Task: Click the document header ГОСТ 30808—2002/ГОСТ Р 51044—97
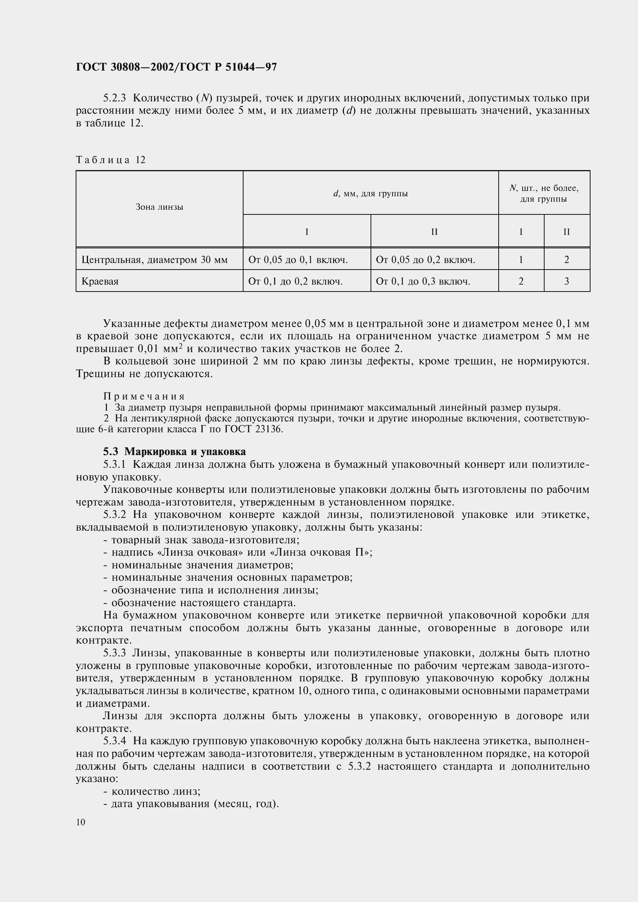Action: (176, 67)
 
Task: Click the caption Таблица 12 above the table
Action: (110, 160)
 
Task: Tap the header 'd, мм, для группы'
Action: (370, 193)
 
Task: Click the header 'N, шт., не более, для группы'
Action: (544, 193)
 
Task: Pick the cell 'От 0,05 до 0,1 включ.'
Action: (298, 260)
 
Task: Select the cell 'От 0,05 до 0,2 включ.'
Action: (425, 260)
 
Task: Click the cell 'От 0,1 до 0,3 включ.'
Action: (423, 281)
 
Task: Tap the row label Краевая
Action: (100, 281)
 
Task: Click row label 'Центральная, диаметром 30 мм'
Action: (154, 260)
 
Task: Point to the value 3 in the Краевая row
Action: (567, 281)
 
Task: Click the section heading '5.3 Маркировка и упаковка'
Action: (174, 452)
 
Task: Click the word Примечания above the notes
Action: (144, 396)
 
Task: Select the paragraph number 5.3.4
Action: (115, 741)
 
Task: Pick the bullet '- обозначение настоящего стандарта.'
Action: (199, 603)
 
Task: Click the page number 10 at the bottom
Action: (81, 822)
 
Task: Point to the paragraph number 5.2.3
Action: (115, 98)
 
